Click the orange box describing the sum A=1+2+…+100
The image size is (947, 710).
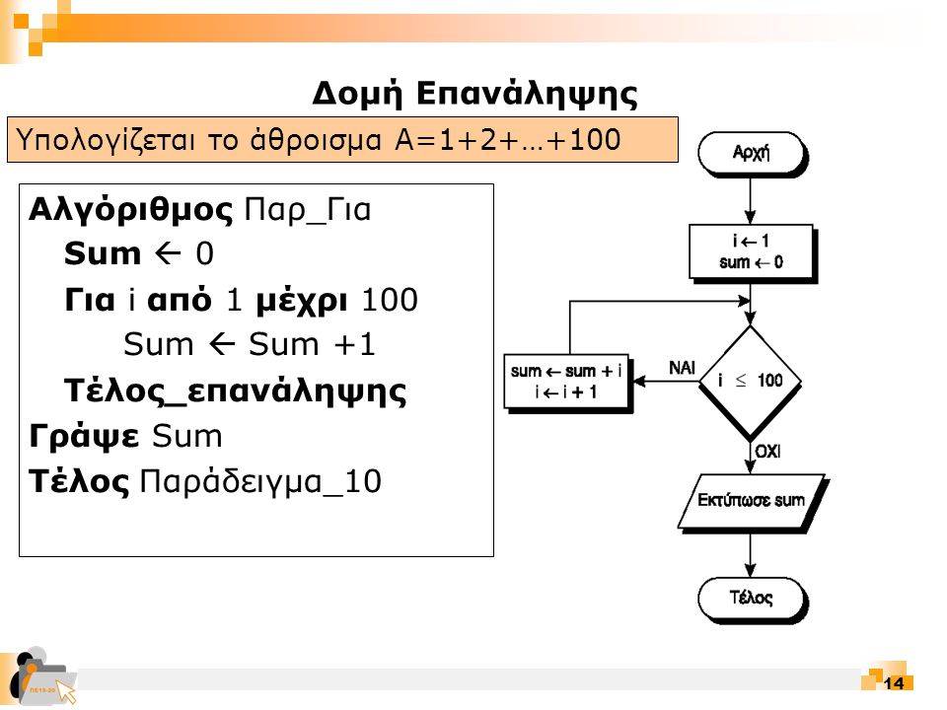[343, 139]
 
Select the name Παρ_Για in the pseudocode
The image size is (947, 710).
[307, 210]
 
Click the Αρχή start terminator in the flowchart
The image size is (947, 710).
[751, 153]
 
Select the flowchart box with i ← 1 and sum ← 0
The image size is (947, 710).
[752, 252]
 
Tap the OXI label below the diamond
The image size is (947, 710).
[768, 451]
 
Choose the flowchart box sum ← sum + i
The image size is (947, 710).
[566, 382]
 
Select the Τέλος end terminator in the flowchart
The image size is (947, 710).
[751, 598]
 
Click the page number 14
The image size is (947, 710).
[895, 684]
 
